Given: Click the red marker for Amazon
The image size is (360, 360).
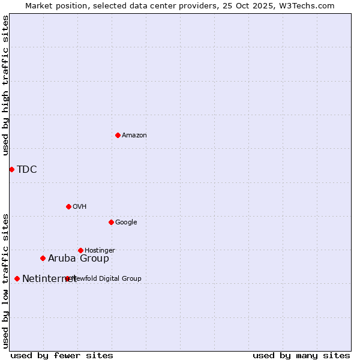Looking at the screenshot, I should point(118,135).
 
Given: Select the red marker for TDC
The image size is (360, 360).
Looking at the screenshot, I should point(11,169).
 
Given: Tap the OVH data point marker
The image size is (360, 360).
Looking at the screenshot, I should point(68,206).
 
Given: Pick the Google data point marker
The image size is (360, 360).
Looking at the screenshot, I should point(111,222).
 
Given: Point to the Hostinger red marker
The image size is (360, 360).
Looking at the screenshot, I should point(80,250).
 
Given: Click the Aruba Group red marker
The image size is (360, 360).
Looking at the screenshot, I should point(43,258).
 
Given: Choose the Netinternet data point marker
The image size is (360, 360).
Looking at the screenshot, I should point(17,278).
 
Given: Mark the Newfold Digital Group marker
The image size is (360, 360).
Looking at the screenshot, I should point(67,278).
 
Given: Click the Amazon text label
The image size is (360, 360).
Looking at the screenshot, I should point(134,136).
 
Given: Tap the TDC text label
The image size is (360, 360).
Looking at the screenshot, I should point(27,170).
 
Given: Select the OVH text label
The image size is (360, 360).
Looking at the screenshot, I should point(80,207).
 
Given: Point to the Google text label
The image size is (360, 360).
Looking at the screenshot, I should point(126,223).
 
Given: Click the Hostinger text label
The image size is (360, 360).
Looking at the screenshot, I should point(100,251).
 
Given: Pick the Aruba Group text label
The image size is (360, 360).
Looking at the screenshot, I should point(79,259).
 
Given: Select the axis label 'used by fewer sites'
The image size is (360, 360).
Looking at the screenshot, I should point(62,355).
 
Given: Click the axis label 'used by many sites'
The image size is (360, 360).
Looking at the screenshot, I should point(301,355).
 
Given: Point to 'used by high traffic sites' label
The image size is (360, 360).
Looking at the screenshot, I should point(5,85).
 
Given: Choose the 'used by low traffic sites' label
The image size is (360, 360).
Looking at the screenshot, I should point(5,281).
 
